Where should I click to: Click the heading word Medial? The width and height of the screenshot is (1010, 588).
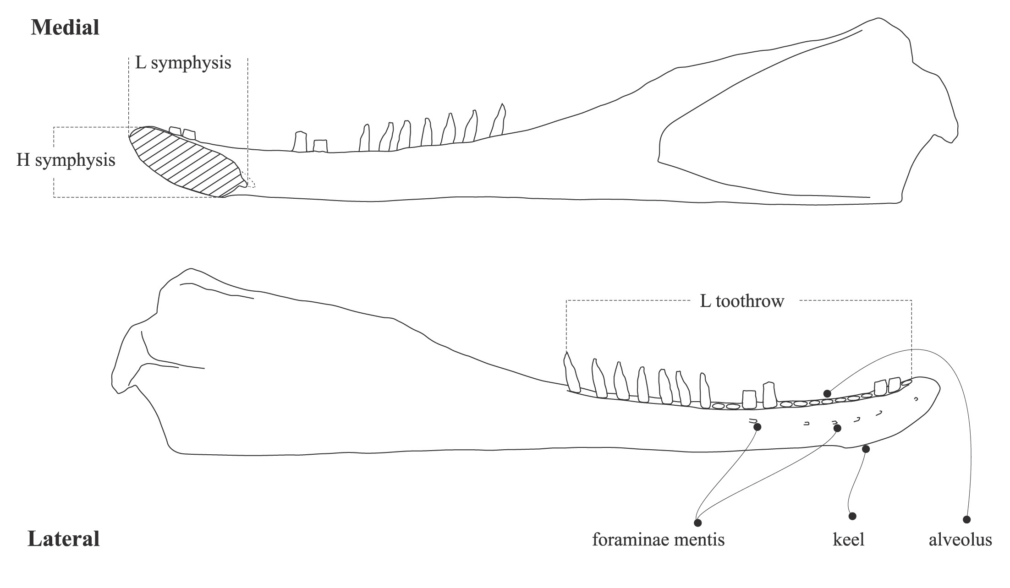point(65,28)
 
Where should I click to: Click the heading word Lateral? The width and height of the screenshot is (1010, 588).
point(64,539)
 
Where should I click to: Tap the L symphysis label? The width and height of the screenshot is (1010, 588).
point(183,63)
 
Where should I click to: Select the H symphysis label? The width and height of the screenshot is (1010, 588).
point(66,161)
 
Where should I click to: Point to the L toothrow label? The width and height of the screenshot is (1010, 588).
point(742,301)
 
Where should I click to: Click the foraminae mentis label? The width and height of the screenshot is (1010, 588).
point(658,539)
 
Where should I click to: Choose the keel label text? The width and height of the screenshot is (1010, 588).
point(848,539)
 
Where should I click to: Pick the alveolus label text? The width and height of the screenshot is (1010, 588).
point(960,539)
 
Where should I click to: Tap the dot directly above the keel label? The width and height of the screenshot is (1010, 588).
point(852,516)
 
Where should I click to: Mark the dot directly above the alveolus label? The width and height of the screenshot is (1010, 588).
point(967,519)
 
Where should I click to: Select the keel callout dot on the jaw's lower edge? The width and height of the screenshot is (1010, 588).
point(866,449)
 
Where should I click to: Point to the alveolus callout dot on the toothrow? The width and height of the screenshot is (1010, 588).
point(827,393)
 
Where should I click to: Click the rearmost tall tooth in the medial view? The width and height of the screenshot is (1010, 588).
point(498,120)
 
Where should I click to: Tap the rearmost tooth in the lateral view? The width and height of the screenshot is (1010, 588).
point(571,373)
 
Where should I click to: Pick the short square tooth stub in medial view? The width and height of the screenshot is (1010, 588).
point(320,146)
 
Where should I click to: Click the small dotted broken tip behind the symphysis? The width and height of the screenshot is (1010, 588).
point(251,183)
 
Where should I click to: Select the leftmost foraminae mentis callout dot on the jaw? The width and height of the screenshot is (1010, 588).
point(757,427)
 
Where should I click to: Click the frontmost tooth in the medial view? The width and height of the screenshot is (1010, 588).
point(175,131)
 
